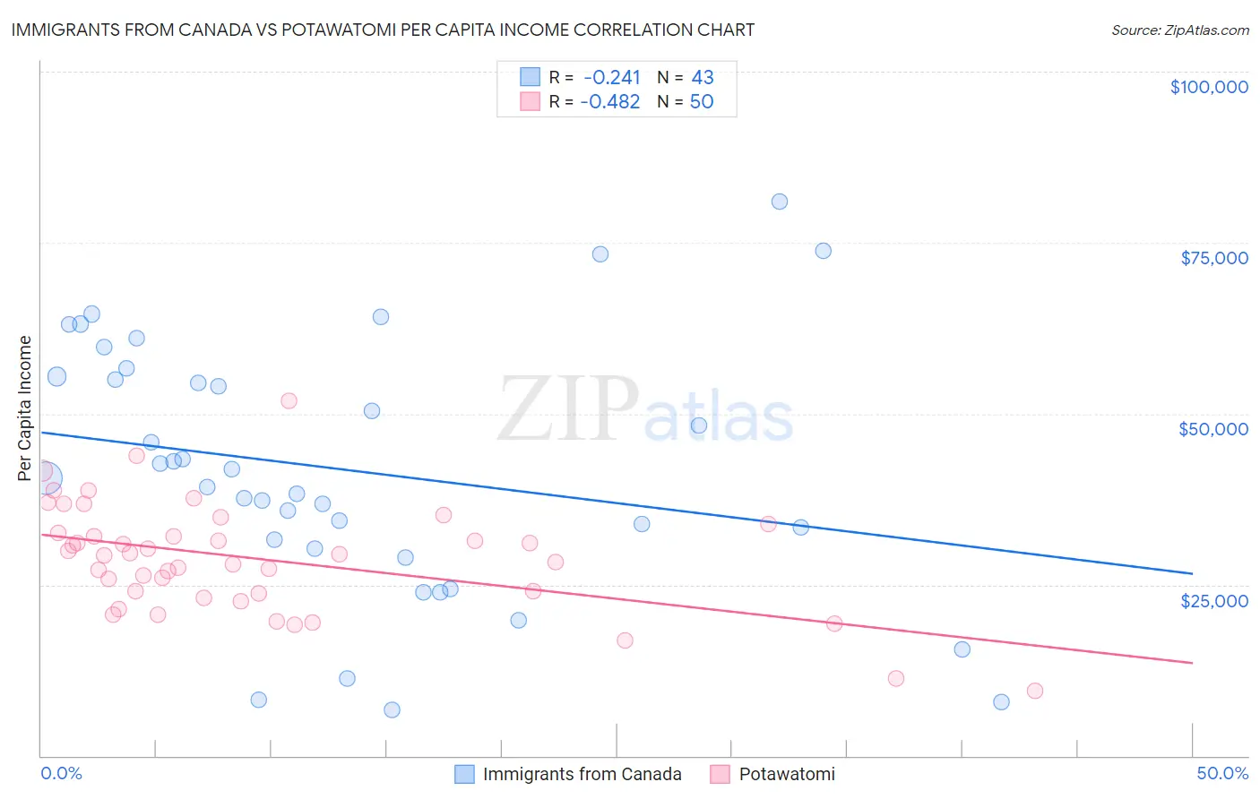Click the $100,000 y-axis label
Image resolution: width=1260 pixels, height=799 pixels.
[x=1209, y=87]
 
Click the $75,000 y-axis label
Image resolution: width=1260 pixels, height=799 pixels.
[x=1214, y=258]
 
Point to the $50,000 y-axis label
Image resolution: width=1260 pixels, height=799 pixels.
[x=1213, y=429]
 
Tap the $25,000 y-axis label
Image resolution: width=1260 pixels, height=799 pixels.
[x=1214, y=600]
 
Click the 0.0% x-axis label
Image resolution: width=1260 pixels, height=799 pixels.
[x=61, y=773]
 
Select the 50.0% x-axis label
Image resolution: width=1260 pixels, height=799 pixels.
[x=1222, y=773]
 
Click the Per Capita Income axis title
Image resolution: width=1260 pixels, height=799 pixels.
[x=25, y=408]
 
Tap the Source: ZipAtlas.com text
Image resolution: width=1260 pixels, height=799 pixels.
[x=1179, y=30]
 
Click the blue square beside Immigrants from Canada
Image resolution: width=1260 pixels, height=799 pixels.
[x=464, y=774]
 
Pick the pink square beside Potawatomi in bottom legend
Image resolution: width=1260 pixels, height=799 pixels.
[x=720, y=774]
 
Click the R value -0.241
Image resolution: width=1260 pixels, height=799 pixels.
[x=611, y=77]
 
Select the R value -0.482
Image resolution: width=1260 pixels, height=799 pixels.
[x=609, y=101]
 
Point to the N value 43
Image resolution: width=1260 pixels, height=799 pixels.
[x=703, y=77]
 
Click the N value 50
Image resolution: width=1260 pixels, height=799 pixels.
[x=702, y=101]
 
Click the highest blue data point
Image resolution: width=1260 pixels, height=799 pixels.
[x=780, y=202]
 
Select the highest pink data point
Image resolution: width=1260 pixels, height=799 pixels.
[x=289, y=400]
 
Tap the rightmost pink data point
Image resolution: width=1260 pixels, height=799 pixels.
[x=1035, y=691]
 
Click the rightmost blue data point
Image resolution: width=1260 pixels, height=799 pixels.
[x=1001, y=702]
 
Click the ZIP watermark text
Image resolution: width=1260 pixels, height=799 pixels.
[x=568, y=408]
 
